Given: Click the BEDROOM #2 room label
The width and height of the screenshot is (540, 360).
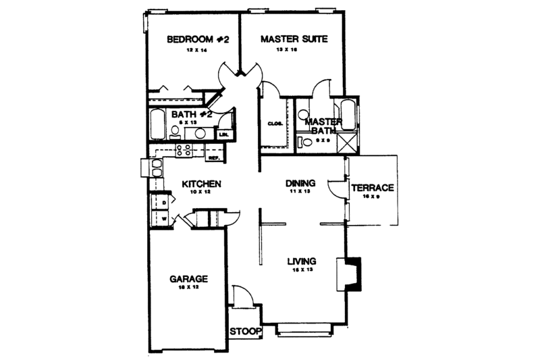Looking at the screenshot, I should pyautogui.click(x=198, y=40).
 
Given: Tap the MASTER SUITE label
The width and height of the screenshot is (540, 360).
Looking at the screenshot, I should pyautogui.click(x=294, y=40).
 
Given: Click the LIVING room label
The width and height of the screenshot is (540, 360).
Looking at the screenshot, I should pyautogui.click(x=302, y=261).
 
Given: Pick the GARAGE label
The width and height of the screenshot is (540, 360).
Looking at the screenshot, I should pyautogui.click(x=188, y=278).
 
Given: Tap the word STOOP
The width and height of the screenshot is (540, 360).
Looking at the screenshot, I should pyautogui.click(x=244, y=333).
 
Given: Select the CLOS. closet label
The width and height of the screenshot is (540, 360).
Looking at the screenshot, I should pyautogui.click(x=274, y=124).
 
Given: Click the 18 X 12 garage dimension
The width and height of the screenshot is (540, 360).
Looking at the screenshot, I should pyautogui.click(x=188, y=288).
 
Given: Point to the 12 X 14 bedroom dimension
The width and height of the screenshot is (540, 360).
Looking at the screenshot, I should pyautogui.click(x=198, y=51).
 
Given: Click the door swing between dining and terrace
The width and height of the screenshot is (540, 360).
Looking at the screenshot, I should pyautogui.click(x=335, y=188).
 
